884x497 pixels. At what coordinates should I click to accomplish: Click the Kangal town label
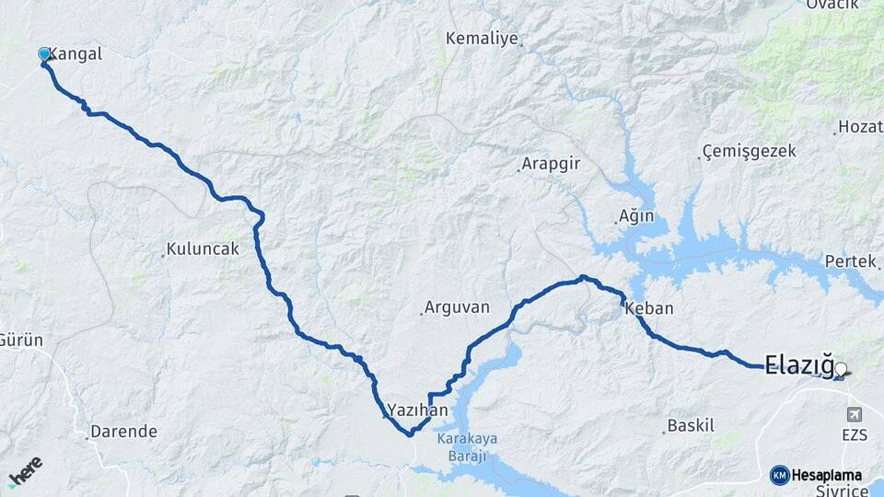click(75, 54)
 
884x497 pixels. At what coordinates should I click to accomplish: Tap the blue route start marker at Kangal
click(43, 54)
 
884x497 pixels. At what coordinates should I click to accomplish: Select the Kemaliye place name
click(481, 39)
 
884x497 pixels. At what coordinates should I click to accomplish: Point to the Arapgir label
click(551, 165)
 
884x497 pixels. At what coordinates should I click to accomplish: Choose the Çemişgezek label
click(749, 151)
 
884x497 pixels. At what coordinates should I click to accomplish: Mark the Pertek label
click(850, 261)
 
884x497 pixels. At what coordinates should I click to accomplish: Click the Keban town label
click(649, 309)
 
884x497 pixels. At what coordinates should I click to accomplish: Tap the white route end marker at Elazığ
click(840, 369)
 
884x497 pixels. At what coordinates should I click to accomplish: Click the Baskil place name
click(691, 426)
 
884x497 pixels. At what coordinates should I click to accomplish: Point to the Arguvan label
click(457, 308)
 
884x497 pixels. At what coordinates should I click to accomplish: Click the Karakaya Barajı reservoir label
click(467, 446)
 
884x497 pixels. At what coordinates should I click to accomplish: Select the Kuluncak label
click(203, 249)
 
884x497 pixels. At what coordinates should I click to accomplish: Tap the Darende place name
click(123, 431)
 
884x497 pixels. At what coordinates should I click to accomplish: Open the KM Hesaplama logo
click(816, 475)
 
